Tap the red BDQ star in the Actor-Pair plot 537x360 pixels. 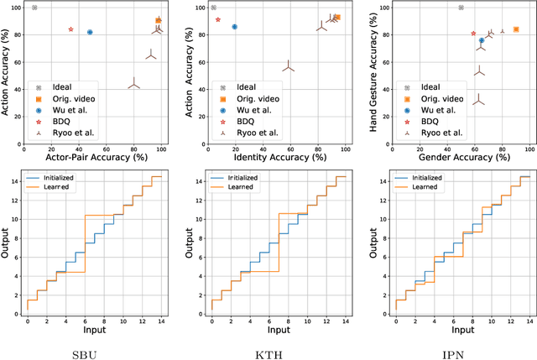click(70, 29)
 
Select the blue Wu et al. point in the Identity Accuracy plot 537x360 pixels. click(234, 27)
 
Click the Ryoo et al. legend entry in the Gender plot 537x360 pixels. click(441, 132)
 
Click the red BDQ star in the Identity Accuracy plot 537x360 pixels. click(218, 19)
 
